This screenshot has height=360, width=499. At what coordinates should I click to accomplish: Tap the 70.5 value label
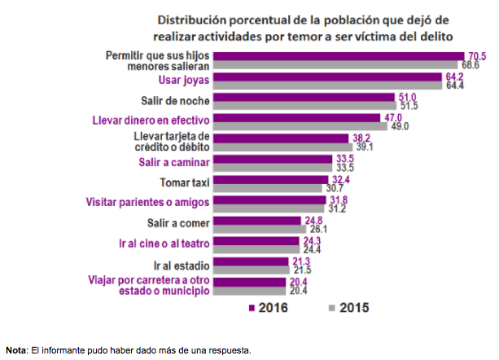[x=475, y=55]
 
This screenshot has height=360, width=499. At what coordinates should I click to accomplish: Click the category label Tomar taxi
[x=186, y=182]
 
